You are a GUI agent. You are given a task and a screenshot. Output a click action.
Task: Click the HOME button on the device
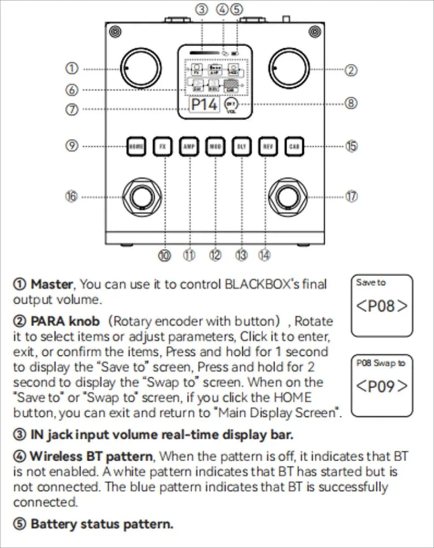pos(136,147)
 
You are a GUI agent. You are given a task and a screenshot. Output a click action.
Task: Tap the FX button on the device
pos(163,147)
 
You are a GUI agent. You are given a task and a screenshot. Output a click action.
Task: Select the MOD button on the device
pos(215,147)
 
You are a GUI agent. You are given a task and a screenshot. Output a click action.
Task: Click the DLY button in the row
pos(241,147)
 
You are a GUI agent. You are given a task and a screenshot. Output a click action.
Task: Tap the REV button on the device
pos(266,147)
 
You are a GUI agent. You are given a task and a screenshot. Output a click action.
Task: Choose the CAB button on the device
pos(293,147)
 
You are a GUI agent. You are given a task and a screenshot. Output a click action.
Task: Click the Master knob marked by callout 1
pos(138,68)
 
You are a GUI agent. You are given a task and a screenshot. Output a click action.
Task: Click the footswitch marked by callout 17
pos(287,197)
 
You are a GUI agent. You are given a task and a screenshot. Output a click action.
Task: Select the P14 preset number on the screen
pos(204,104)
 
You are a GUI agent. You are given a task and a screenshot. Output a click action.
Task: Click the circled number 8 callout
pos(352,103)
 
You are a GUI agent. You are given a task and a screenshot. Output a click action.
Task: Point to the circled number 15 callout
pos(352,146)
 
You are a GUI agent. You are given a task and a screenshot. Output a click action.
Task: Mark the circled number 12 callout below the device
pos(215,255)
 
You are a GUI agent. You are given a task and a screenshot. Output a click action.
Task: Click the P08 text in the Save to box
pos(382,306)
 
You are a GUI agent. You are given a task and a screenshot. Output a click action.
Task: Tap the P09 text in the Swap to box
pos(382,385)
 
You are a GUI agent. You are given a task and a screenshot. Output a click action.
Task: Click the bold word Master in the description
pos(52,284)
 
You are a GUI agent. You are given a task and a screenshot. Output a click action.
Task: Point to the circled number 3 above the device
pos(203,9)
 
